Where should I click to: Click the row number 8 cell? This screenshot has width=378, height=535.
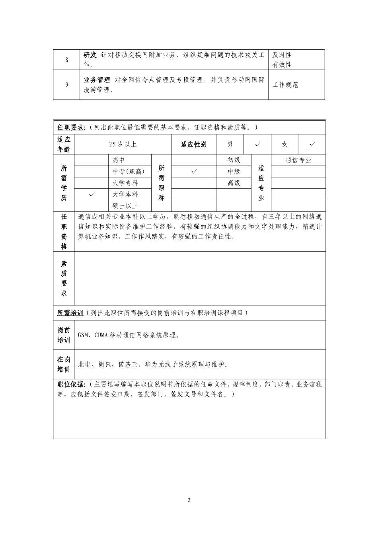click(66, 60)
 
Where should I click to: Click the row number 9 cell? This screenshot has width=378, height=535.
click(66, 84)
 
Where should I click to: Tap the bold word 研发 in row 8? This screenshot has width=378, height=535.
click(90, 55)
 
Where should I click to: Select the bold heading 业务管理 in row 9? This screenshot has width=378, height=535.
click(97, 80)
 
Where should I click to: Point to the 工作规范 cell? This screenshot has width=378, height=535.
click(285, 85)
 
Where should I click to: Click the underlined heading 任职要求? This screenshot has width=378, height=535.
click(70, 127)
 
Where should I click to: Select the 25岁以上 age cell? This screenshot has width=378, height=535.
click(123, 144)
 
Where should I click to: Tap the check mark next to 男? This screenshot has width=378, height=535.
click(258, 144)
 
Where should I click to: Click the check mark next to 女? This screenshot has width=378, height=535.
click(312, 144)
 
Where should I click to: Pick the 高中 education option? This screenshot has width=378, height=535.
click(119, 160)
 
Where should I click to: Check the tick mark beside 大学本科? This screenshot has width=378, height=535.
click(92, 194)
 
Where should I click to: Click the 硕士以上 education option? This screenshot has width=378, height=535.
click(125, 206)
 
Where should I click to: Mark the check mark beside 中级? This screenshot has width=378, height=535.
click(194, 172)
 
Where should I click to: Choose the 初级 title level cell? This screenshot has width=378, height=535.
click(234, 160)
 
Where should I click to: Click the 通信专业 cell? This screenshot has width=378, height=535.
click(298, 160)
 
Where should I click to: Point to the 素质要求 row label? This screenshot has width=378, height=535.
click(64, 278)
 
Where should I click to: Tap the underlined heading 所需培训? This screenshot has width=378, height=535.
click(70, 313)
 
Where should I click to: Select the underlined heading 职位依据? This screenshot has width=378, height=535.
click(70, 384)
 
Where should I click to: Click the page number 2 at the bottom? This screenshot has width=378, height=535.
click(189, 500)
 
